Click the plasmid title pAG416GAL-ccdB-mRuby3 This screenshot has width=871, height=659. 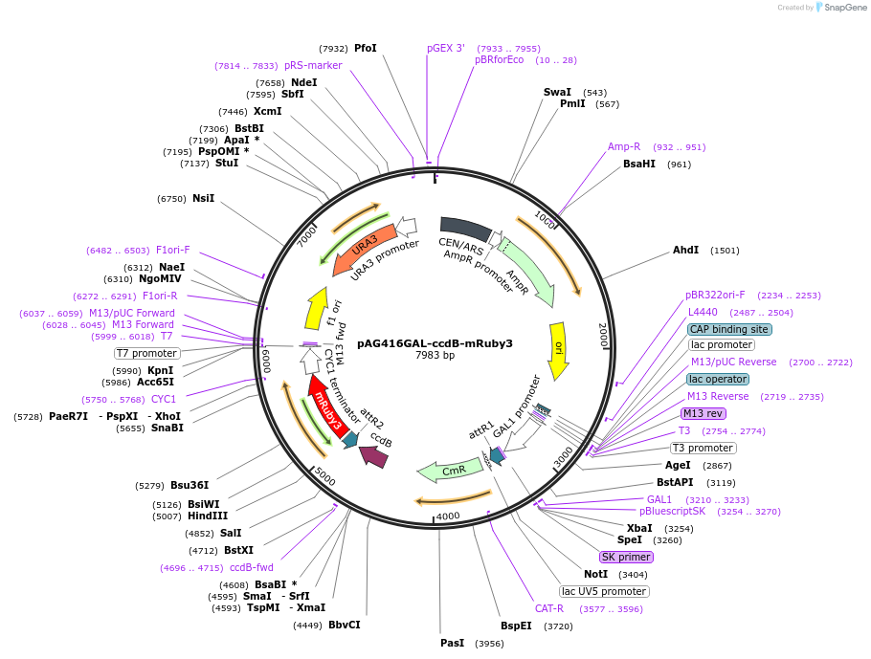435,343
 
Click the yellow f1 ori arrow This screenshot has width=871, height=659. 315,307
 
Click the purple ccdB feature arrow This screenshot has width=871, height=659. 374,457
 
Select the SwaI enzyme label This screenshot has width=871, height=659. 557,92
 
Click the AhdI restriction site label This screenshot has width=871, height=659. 685,250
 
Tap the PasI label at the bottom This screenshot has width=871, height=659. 452,643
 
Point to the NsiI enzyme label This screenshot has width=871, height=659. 203,198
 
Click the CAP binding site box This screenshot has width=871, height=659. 729,329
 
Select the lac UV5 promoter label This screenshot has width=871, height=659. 604,591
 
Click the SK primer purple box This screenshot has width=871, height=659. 626,557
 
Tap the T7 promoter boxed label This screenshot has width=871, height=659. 146,353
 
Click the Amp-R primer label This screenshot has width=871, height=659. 624,146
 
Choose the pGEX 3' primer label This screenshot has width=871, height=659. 446,48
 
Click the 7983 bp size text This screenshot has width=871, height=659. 435,356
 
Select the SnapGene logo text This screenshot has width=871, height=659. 840,8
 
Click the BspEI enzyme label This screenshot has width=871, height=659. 516,626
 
